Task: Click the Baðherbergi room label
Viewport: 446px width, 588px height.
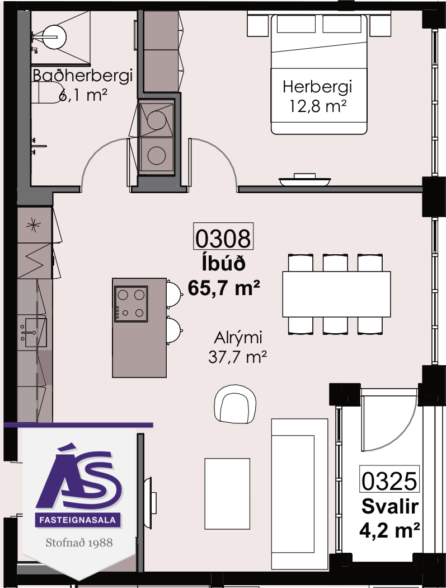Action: pyautogui.click(x=82, y=76)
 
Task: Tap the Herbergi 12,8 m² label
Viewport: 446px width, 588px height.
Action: pyautogui.click(x=317, y=96)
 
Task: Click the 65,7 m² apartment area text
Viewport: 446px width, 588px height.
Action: pyautogui.click(x=224, y=288)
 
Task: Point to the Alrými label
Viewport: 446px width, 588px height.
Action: pyautogui.click(x=238, y=338)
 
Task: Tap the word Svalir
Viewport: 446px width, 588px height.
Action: pyautogui.click(x=390, y=507)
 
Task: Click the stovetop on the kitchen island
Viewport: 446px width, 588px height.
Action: pyautogui.click(x=131, y=304)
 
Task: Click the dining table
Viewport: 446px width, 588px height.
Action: pyautogui.click(x=336, y=295)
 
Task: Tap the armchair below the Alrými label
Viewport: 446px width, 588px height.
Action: pyautogui.click(x=235, y=404)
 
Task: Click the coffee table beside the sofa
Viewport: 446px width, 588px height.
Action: pyautogui.click(x=227, y=493)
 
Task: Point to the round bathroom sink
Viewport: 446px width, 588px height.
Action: pyautogui.click(x=54, y=37)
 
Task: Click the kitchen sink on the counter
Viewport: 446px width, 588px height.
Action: pyautogui.click(x=33, y=332)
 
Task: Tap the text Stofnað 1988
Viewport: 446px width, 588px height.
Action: pyautogui.click(x=79, y=542)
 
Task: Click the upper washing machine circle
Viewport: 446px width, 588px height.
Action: pyautogui.click(x=156, y=120)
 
